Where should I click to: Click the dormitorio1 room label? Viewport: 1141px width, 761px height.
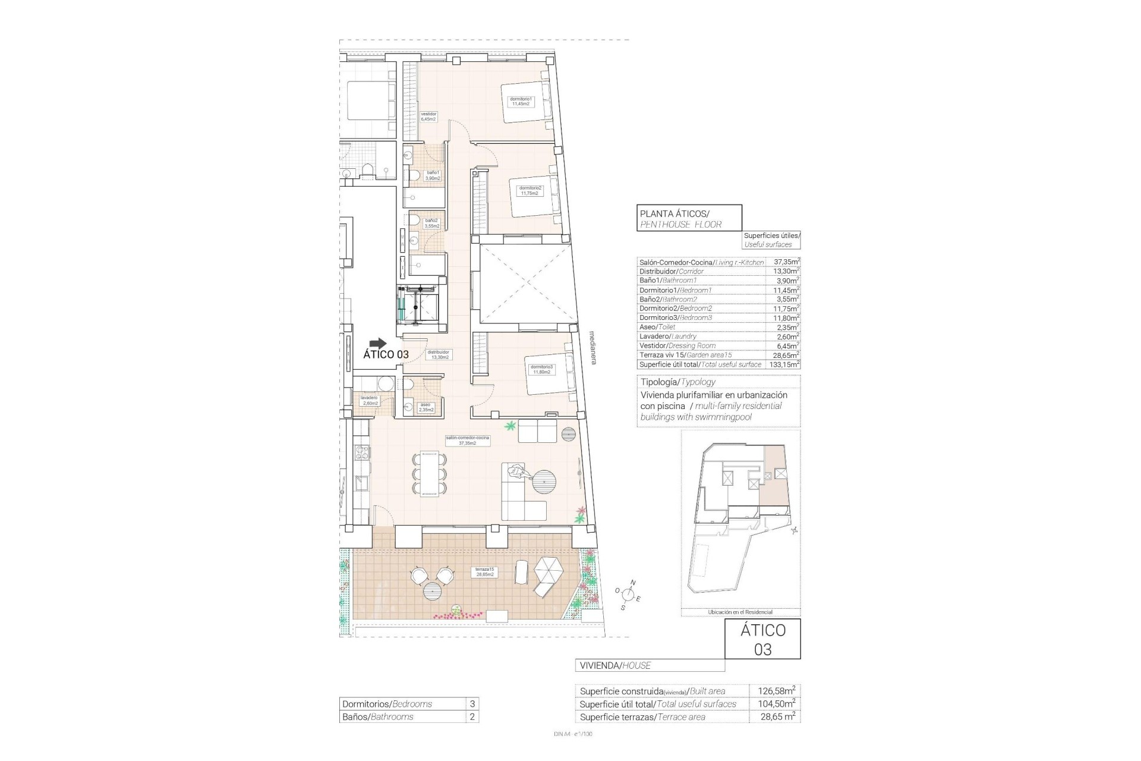[520, 102]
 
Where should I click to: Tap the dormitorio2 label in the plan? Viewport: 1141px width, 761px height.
[529, 190]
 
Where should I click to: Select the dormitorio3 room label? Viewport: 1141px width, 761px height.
[541, 369]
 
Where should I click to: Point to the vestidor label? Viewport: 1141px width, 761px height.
[428, 117]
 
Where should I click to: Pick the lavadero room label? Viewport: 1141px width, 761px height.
[368, 400]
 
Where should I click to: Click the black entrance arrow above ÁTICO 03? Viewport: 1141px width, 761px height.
[377, 343]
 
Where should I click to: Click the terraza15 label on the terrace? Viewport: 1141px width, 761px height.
[484, 572]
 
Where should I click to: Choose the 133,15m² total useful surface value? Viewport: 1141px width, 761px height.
[785, 364]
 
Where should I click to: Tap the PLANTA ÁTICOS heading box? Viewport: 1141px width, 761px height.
[689, 218]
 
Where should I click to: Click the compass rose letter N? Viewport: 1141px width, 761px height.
[633, 583]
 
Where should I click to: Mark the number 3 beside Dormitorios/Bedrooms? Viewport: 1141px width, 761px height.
[472, 704]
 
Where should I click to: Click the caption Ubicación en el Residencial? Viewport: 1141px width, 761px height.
[740, 612]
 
